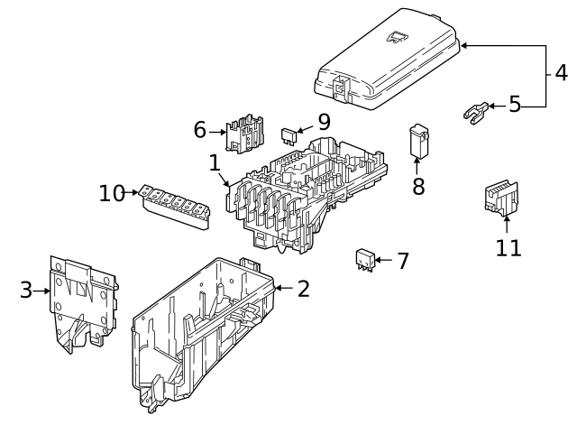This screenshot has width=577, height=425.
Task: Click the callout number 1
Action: (215, 164)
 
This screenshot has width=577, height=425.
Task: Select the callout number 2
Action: (303, 289)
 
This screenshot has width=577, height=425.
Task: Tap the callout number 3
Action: (26, 290)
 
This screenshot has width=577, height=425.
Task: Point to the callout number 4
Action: (561, 71)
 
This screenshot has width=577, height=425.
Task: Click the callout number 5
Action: (515, 105)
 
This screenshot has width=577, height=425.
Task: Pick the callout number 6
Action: (200, 131)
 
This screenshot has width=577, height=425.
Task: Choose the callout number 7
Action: (402, 262)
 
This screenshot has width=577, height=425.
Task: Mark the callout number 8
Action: (418, 187)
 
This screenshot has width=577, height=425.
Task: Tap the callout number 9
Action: (323, 121)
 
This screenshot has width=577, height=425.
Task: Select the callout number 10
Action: (112, 193)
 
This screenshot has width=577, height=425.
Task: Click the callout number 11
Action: (508, 246)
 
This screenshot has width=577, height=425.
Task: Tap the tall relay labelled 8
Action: (418, 140)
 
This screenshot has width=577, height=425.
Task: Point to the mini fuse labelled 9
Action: (290, 135)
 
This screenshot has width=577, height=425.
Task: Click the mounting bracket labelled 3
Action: (83, 298)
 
